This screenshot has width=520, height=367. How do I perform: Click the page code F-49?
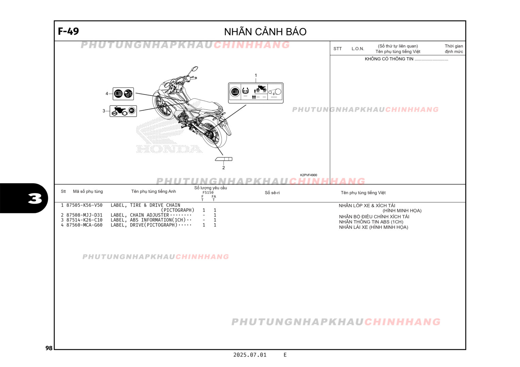pyautogui.click(x=68, y=31)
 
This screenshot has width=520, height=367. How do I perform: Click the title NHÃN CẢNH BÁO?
pyautogui.click(x=265, y=32)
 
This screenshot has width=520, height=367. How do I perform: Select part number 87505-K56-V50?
pyautogui.click(x=84, y=205)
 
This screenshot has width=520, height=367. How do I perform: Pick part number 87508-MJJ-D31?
pyautogui.click(x=84, y=215)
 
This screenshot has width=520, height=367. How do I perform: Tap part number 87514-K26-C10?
pyautogui.click(x=84, y=220)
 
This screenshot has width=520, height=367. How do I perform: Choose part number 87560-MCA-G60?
pyautogui.click(x=84, y=225)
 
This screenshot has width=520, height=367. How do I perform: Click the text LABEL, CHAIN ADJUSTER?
pyautogui.click(x=140, y=215)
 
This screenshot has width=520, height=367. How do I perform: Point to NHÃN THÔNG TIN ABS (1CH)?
pyautogui.click(x=371, y=222)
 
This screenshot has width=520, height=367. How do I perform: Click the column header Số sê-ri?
pyautogui.click(x=272, y=193)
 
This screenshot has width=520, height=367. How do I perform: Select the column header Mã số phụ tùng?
pyautogui.click(x=88, y=191)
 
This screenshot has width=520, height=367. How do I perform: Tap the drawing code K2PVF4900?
pyautogui.click(x=308, y=175)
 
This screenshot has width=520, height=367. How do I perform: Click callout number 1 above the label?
pyautogui.click(x=256, y=75)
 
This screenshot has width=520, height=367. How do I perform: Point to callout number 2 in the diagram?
pyautogui.click(x=224, y=168)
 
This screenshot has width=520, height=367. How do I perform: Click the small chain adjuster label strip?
pyautogui.click(x=224, y=159)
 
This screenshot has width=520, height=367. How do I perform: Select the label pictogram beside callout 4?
pyautogui.click(x=123, y=93)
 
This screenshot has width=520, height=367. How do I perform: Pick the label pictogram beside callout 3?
pyautogui.click(x=123, y=111)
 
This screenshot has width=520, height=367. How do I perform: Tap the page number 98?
pyautogui.click(x=49, y=348)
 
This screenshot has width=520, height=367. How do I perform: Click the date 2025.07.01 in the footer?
pyautogui.click(x=250, y=355)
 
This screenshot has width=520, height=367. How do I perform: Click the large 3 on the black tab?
pyautogui.click(x=35, y=198)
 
